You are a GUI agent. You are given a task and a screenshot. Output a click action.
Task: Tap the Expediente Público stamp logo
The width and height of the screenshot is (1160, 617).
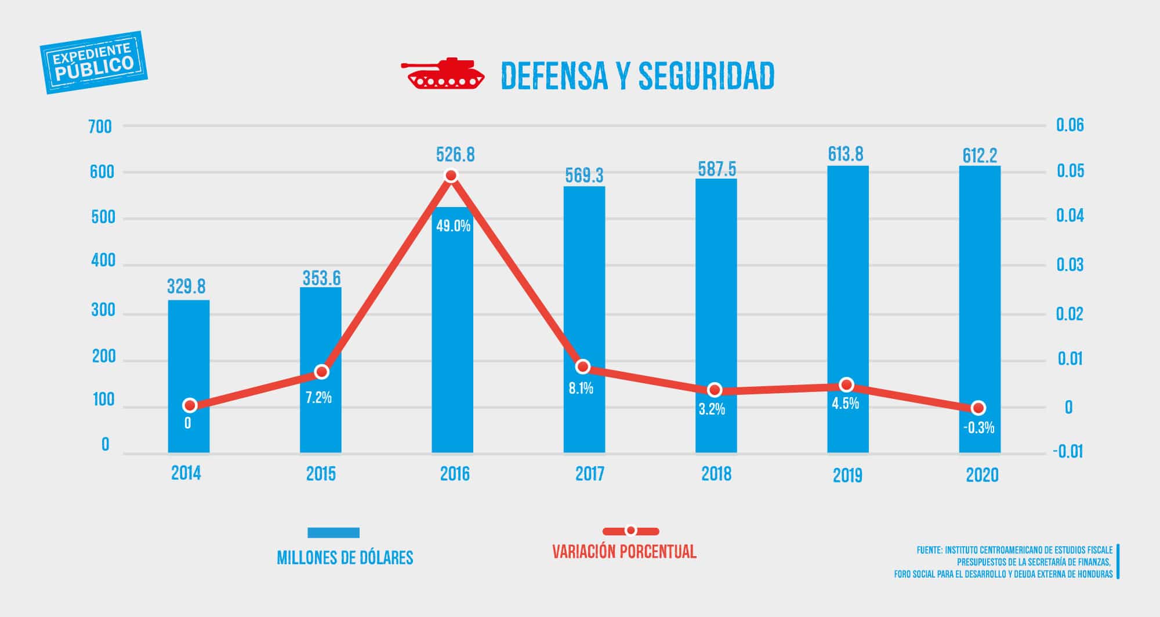tap(94, 62)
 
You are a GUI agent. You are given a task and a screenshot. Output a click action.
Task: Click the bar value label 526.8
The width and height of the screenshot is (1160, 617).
tap(455, 155)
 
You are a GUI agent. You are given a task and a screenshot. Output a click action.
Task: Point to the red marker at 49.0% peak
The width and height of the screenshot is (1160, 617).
tap(451, 175)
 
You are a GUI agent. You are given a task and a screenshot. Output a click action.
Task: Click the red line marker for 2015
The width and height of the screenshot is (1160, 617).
tap(321, 372)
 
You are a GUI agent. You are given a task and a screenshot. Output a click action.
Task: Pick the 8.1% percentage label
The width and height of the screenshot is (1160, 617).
tap(581, 389)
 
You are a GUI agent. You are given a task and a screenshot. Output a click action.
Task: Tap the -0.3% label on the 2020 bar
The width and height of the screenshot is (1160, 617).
tap(978, 428)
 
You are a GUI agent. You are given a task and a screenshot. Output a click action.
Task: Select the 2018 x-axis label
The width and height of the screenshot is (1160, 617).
tap(716, 474)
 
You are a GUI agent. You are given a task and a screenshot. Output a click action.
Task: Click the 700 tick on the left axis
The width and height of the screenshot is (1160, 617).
tap(100, 126)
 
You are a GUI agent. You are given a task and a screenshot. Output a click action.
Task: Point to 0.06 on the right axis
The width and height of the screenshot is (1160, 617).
tap(1070, 125)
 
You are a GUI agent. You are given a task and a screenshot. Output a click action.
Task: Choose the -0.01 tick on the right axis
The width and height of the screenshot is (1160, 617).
tap(1067, 452)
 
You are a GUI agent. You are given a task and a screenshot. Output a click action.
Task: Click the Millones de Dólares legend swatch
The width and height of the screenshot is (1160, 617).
tap(333, 532)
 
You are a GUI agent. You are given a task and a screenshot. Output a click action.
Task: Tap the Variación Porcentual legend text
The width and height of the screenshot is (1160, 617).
tap(624, 551)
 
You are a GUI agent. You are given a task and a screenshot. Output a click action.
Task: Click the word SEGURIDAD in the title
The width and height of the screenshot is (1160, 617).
tap(706, 76)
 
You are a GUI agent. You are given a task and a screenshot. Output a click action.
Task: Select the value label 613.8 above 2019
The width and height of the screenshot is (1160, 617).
tap(845, 154)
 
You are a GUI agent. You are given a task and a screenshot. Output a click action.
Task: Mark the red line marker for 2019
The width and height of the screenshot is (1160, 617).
tap(846, 385)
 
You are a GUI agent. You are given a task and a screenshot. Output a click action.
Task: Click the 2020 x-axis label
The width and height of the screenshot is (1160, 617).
tap(982, 476)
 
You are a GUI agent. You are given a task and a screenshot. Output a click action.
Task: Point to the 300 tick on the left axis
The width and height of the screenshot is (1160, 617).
tap(103, 311)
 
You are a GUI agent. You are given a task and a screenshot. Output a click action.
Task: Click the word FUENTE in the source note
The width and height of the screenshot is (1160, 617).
tap(929, 550)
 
